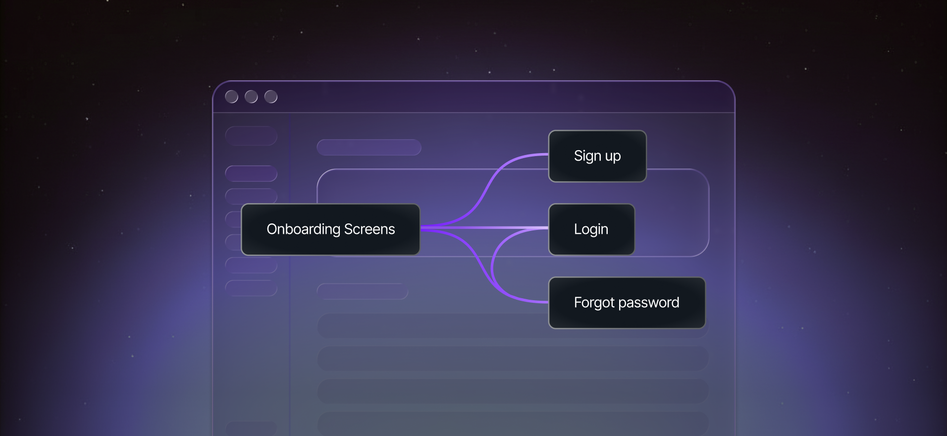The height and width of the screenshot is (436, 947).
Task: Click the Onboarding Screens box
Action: [x=330, y=229]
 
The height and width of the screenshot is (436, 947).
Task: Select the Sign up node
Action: [x=597, y=156]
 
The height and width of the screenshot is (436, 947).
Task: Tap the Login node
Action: [x=591, y=229]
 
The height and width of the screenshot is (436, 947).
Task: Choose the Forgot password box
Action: [x=627, y=303]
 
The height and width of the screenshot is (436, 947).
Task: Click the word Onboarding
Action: [x=303, y=229]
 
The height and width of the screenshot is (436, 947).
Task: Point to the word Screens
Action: [x=369, y=229]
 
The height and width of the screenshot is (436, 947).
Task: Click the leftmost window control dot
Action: [x=231, y=97]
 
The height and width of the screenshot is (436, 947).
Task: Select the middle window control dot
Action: [x=251, y=97]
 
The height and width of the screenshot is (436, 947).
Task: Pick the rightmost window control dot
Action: [x=271, y=97]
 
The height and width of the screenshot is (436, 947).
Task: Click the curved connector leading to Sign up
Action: [x=490, y=181]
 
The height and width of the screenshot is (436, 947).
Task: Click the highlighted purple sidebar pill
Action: [x=251, y=173]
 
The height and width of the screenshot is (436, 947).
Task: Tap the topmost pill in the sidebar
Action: [x=251, y=136]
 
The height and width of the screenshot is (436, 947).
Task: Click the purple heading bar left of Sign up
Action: [x=369, y=147]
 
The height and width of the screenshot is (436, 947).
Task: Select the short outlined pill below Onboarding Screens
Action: [x=362, y=291]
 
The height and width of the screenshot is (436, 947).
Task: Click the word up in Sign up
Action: [x=613, y=157]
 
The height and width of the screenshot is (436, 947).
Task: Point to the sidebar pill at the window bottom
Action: [x=251, y=429]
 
